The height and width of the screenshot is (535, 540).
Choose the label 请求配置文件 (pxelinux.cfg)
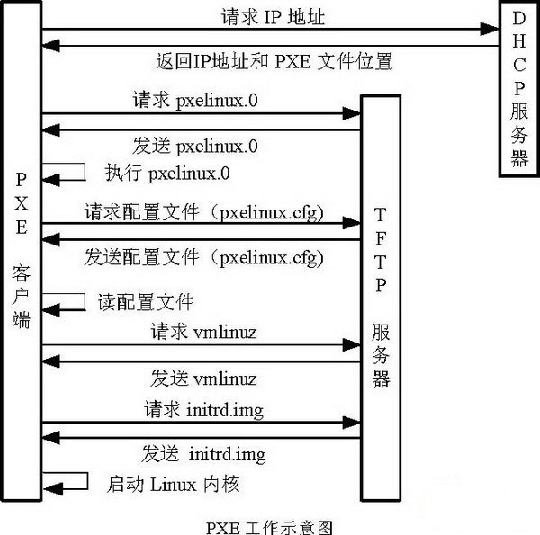[204, 213]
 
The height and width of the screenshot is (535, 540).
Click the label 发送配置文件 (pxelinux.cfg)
[204, 256]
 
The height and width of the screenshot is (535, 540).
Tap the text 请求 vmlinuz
[200, 332]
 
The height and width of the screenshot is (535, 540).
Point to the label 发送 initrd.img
[202, 452]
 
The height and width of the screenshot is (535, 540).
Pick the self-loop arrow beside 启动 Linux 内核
[67, 482]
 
